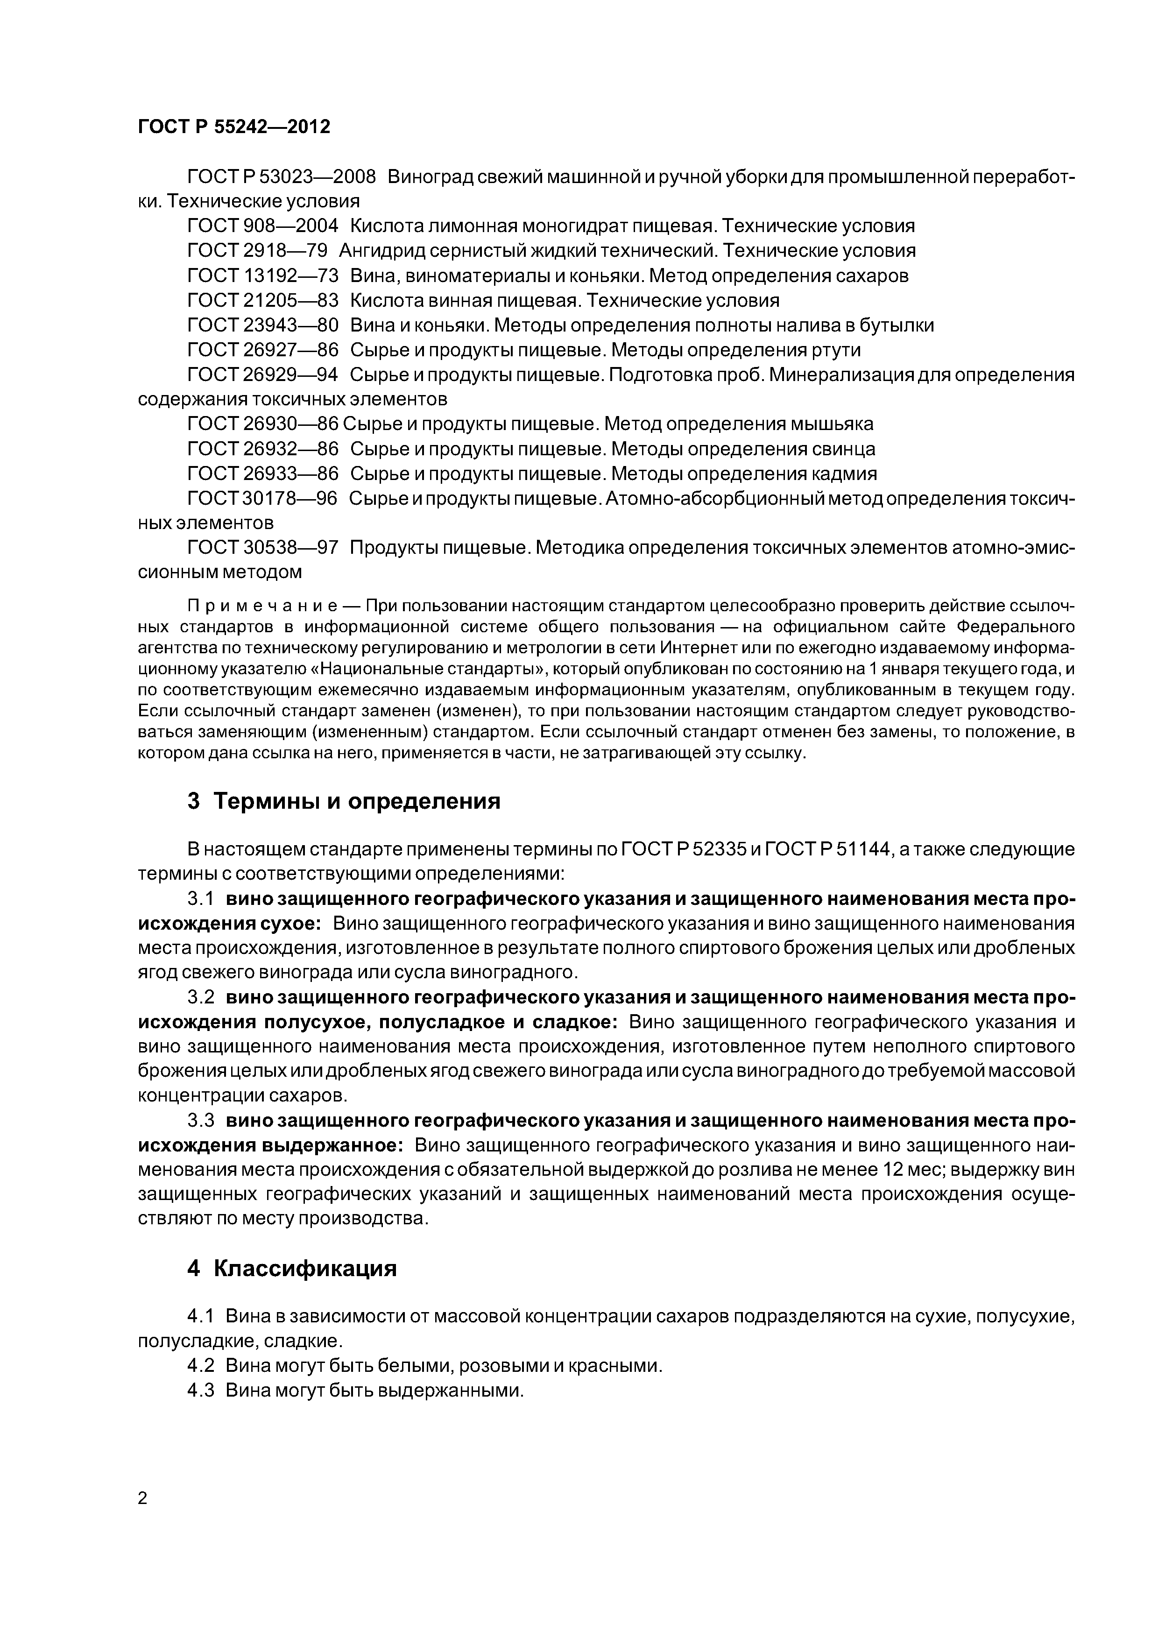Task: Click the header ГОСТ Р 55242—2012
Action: click(234, 127)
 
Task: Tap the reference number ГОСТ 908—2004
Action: click(262, 226)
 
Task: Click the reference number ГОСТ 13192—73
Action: click(262, 275)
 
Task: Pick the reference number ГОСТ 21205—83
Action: click(262, 300)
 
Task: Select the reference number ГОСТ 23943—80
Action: click(262, 325)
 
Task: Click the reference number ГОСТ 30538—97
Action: click(262, 548)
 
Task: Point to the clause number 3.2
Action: click(201, 997)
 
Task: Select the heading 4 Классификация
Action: click(291, 1269)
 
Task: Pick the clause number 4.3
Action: click(201, 1391)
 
